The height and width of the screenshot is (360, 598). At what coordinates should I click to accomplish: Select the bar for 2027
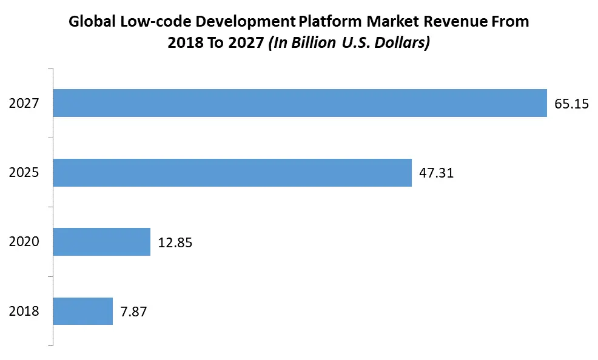click(x=300, y=103)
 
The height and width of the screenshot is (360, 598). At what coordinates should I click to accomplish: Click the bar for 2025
click(x=232, y=173)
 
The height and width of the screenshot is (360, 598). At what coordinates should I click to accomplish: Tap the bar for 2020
click(x=102, y=242)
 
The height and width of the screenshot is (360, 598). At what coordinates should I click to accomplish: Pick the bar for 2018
click(x=83, y=311)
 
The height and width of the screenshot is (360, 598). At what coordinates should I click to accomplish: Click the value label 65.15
click(x=571, y=104)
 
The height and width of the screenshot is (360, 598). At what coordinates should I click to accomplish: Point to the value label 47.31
click(x=436, y=173)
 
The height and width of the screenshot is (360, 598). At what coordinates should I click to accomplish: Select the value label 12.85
click(x=175, y=242)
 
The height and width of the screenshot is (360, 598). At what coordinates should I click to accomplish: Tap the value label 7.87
click(x=133, y=312)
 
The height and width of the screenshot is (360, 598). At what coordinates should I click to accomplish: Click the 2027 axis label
click(x=24, y=104)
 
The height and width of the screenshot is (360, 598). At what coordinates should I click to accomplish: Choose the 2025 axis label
click(x=24, y=173)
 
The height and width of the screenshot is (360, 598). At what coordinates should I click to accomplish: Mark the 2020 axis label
click(x=24, y=242)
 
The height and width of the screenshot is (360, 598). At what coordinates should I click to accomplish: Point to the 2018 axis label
click(x=24, y=312)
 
